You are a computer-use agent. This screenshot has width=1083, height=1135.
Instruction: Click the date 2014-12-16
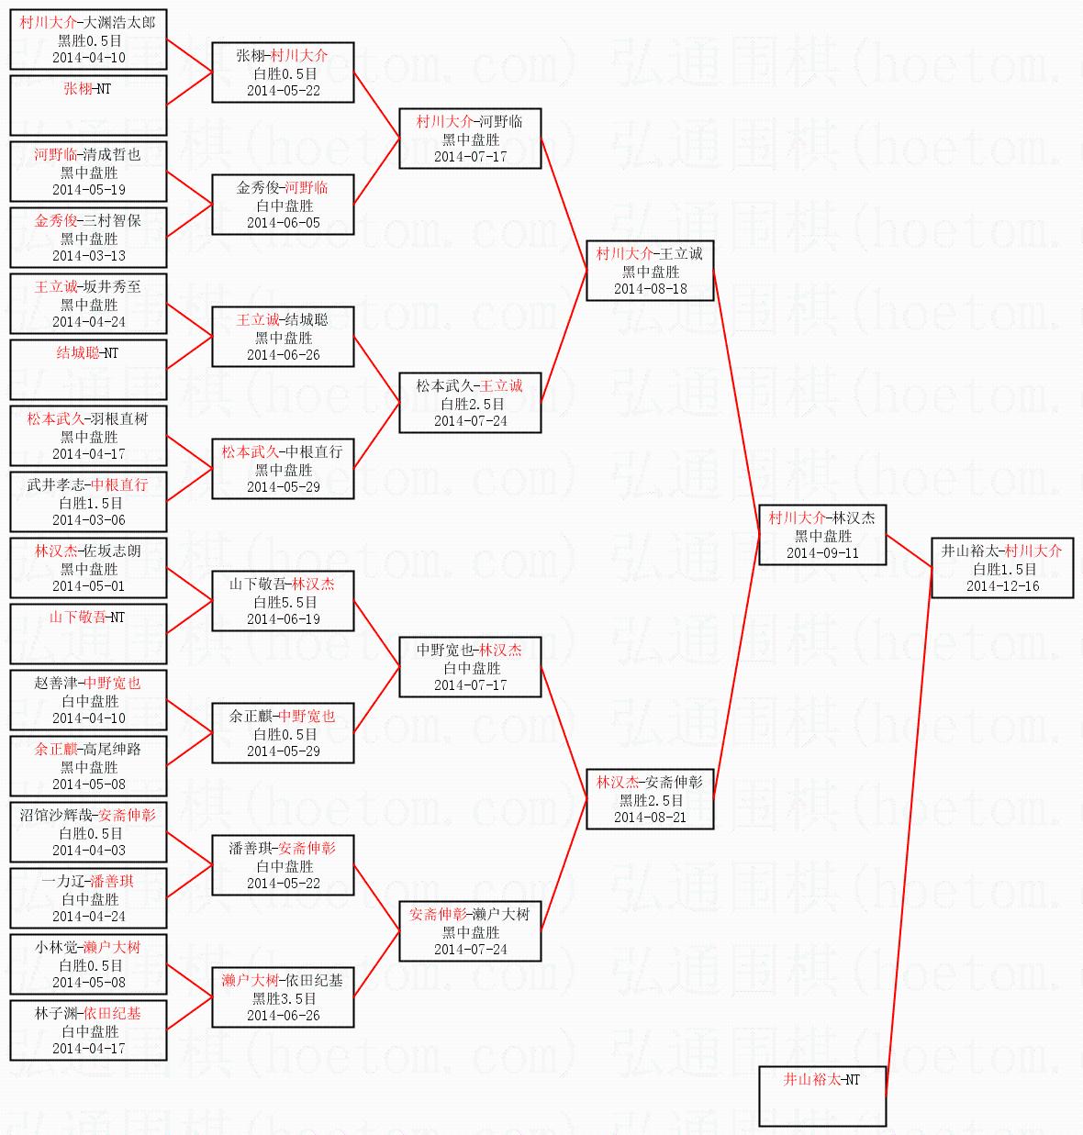pos(1002,586)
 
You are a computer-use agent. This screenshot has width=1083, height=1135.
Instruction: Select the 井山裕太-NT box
pos(822,1096)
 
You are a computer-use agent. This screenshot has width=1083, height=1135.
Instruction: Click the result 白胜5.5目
pos(284,602)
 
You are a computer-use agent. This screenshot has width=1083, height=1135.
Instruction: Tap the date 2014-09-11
pos(822,553)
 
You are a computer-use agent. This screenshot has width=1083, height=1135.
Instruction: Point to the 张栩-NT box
pos(88,105)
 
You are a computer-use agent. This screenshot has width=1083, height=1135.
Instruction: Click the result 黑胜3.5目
pos(284,998)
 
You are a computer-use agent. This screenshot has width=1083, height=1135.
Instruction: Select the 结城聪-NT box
pos(88,369)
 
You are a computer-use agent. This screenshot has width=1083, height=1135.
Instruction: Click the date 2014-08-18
pos(650,289)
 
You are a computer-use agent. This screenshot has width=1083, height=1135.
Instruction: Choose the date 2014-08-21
pos(650,818)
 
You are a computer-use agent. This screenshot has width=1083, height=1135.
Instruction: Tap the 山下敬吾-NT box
pos(88,633)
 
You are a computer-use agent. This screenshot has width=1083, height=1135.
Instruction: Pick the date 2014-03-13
pos(88,256)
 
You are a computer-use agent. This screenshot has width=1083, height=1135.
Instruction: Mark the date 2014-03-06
pos(88,520)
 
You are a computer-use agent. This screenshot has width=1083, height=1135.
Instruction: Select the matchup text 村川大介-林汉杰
pos(822,517)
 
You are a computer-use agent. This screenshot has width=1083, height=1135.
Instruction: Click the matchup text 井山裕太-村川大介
pos(1002,551)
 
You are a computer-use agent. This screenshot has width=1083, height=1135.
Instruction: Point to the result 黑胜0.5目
pos(88,40)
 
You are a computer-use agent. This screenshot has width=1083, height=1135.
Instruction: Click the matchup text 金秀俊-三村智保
pos(88,220)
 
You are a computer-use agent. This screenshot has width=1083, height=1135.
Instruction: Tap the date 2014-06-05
pos(284,223)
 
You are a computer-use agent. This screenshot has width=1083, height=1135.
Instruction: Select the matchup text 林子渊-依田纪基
pos(88,1013)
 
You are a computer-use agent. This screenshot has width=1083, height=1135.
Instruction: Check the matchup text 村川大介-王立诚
pos(650,253)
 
